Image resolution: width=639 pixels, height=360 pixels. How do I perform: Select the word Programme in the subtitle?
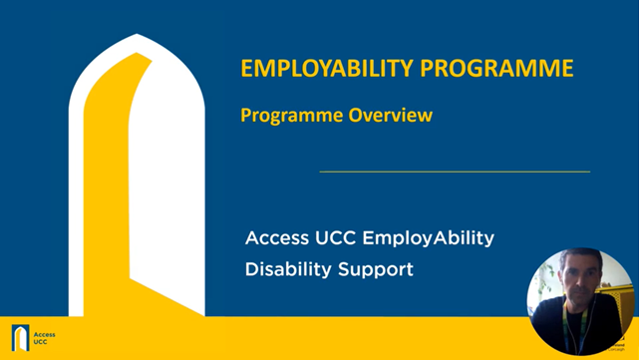291,116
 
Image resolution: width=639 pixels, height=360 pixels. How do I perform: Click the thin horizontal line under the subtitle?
454,172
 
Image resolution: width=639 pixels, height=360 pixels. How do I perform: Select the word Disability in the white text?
286,270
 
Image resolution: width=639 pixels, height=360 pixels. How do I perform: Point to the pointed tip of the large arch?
136,37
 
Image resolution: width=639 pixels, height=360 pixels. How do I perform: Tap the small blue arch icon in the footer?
19,338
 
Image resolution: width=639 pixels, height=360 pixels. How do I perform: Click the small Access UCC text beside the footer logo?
44,338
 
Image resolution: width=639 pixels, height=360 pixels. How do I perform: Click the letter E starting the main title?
247,70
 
